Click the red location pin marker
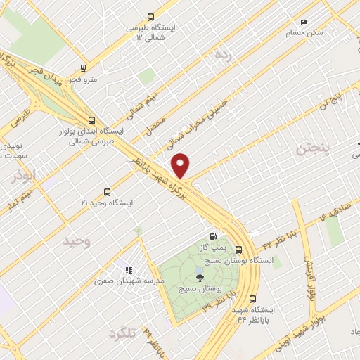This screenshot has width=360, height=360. pyautogui.click(x=182, y=165)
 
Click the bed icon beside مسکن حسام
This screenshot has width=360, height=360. pyautogui.click(x=304, y=22)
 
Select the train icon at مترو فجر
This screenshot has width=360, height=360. pyautogui.click(x=84, y=68)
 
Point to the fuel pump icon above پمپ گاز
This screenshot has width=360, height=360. pyautogui.click(x=213, y=237)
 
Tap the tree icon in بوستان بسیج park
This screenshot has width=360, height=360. pyautogui.click(x=200, y=277)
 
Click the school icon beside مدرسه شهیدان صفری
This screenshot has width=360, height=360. pyautogui.click(x=128, y=269)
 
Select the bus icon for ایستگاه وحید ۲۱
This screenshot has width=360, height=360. pyautogui.click(x=107, y=191)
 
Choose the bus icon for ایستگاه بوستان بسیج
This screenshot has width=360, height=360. pyautogui.click(x=240, y=249)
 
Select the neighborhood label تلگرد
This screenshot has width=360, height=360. pyautogui.click(x=123, y=333)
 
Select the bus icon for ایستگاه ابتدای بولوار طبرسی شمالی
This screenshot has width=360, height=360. pyautogui.click(x=91, y=120)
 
